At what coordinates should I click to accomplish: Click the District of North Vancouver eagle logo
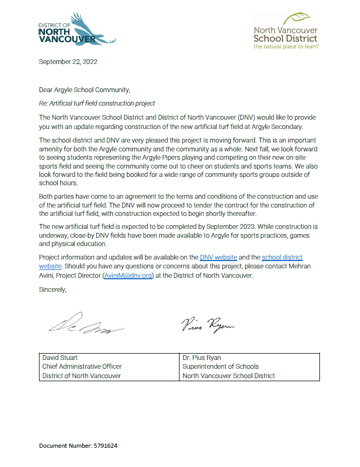77,30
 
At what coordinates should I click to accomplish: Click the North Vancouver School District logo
285,32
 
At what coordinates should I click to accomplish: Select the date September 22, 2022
68,62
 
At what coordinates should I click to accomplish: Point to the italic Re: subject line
97,103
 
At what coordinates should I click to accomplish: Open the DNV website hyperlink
218,257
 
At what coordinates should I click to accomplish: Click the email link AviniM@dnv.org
128,276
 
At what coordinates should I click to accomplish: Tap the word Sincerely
53,289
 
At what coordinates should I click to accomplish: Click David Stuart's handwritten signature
86,325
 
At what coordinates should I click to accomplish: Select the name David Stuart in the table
60,358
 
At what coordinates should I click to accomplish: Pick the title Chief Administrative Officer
82,367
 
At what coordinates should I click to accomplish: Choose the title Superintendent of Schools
221,367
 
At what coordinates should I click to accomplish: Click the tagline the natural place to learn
286,46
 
